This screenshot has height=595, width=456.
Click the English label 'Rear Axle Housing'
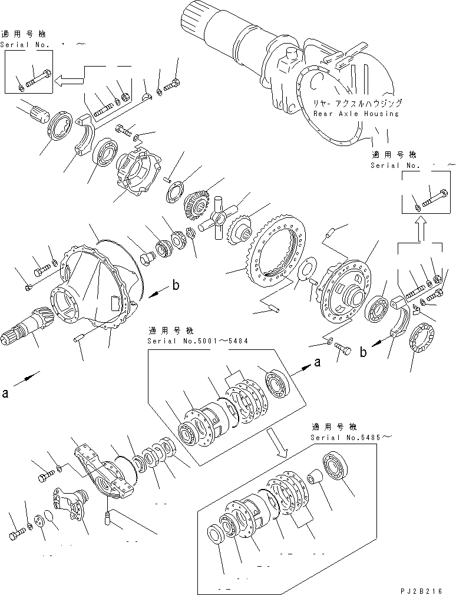(x=356, y=114)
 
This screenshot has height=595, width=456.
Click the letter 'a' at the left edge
(x=6, y=394)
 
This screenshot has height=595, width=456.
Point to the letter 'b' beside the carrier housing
(x=174, y=287)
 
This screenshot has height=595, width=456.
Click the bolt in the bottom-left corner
(x=15, y=535)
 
